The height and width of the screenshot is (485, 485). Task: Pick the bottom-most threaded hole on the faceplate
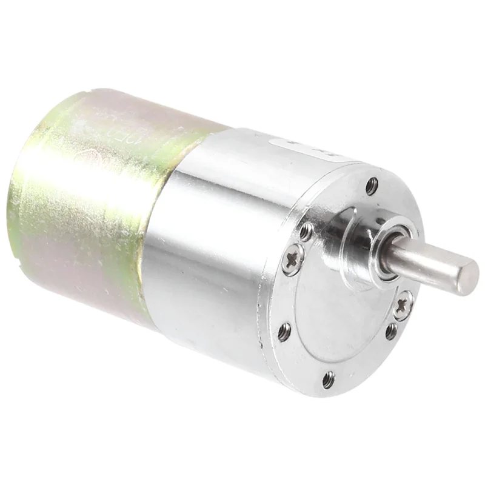coord(328,380)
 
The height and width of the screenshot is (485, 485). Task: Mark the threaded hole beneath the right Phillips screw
coord(392,332)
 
